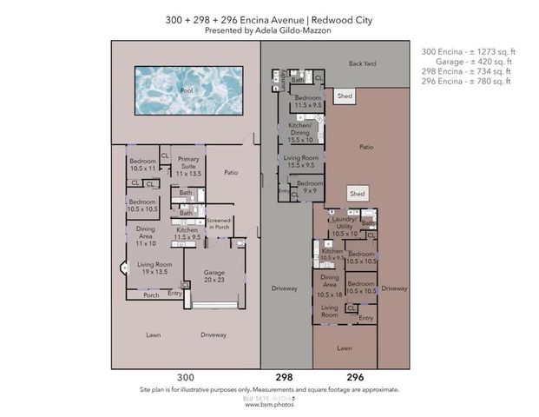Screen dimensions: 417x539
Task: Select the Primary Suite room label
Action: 188,165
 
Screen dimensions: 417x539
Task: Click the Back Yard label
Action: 363,64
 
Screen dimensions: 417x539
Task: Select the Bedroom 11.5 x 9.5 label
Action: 308,102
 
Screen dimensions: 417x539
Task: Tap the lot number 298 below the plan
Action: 284,378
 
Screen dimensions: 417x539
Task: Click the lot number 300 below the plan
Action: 185,378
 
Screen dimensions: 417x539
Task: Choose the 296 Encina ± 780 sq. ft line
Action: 467,82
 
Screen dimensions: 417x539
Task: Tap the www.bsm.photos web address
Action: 269,405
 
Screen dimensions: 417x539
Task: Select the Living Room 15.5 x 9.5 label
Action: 300,162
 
